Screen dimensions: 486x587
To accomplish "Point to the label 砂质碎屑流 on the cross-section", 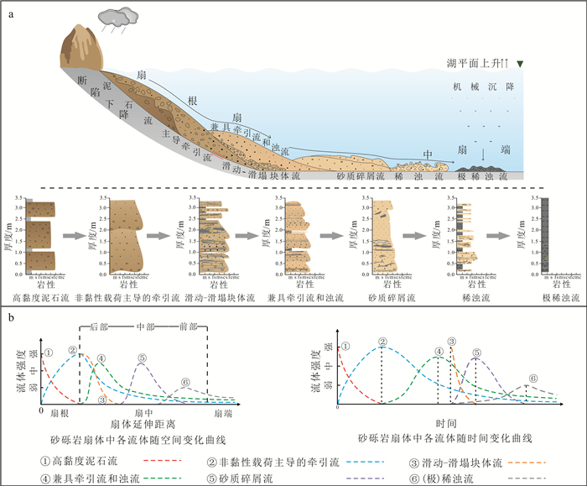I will coord(360,176).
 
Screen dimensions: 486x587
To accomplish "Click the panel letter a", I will coord(9,11).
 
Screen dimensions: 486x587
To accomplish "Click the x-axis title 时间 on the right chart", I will coord(446,423).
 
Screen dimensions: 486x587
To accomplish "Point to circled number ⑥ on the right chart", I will coord(533,378).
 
